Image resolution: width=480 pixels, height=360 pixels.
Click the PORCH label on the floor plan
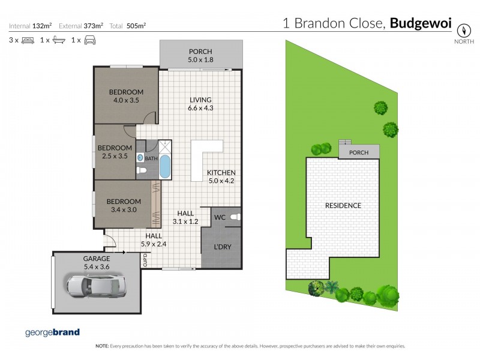(x=201, y=55)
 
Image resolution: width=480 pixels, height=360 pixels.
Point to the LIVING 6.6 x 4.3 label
(x=201, y=104)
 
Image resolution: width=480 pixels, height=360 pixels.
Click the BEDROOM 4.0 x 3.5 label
(x=125, y=96)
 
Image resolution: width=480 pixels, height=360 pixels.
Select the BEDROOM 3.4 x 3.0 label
(x=124, y=206)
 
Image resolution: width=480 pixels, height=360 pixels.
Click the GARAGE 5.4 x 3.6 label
(x=96, y=262)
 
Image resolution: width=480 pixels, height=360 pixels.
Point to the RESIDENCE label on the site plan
(x=343, y=206)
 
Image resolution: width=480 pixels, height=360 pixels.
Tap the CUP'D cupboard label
(x=145, y=260)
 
